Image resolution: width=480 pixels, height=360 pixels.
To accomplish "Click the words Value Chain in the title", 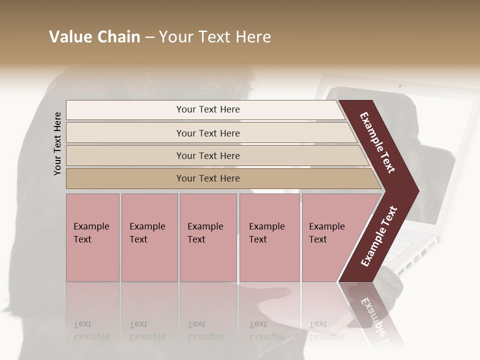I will (x=94, y=37).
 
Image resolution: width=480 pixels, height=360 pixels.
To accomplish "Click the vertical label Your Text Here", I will (x=57, y=143).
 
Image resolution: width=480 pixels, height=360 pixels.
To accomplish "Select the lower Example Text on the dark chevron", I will (x=379, y=236).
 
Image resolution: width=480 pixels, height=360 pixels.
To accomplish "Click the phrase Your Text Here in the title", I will (x=215, y=37).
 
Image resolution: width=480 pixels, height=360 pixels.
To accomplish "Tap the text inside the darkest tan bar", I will (x=208, y=178).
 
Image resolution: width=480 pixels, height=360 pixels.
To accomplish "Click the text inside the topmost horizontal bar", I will (x=208, y=109).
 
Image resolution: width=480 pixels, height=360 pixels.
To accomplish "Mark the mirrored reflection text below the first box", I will (x=91, y=330).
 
